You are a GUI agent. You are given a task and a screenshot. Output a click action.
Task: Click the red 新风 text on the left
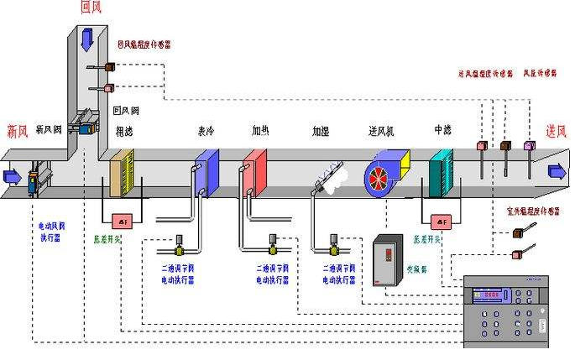pos(18,130)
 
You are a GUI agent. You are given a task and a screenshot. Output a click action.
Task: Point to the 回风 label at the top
pos(91,8)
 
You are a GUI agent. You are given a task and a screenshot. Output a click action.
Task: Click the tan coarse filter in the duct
pos(123,172)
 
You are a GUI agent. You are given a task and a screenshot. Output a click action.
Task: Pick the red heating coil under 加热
pos(255,170)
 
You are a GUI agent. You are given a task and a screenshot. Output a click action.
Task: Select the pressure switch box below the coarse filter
pos(123,221)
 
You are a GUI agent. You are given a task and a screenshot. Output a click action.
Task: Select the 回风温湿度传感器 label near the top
pos(144,44)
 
